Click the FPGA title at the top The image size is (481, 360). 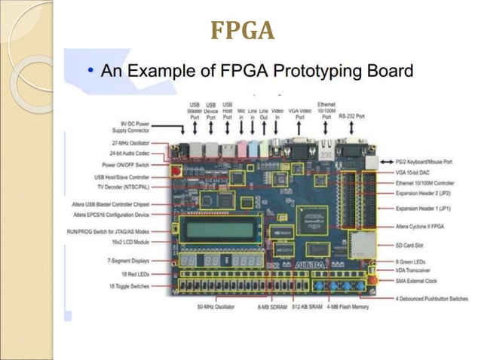241,32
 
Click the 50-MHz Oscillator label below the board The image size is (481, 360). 215,307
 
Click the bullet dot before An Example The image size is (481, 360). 90,72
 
